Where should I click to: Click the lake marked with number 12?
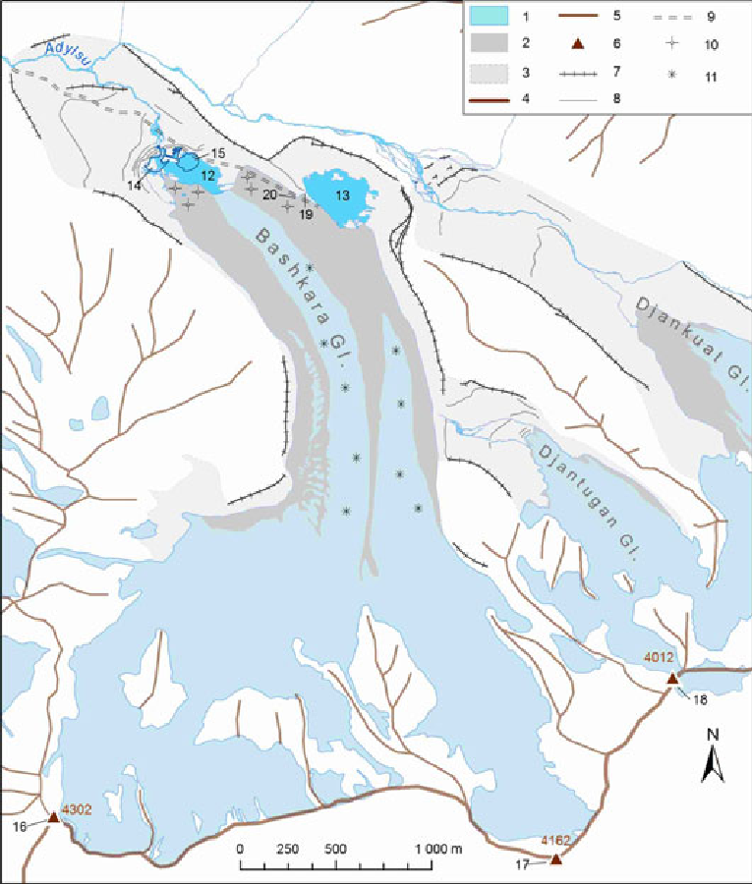click(197, 177)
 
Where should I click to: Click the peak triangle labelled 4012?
click(672, 679)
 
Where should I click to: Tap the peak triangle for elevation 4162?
click(555, 859)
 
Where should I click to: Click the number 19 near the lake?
click(306, 214)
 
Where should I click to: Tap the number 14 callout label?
click(134, 184)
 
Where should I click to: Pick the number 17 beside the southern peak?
click(522, 866)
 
